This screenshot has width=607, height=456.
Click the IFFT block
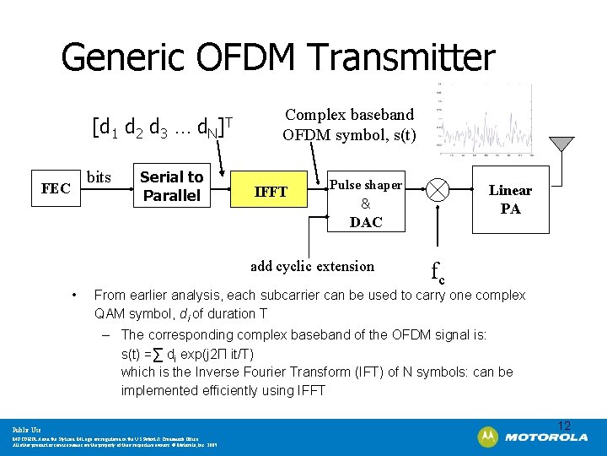click(x=271, y=193)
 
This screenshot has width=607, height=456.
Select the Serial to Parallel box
click(x=171, y=186)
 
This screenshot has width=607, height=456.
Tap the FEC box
click(x=56, y=188)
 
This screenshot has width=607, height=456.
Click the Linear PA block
click(x=510, y=199)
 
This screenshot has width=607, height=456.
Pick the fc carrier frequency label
click(x=438, y=273)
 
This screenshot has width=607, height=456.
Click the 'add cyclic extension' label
click(x=312, y=266)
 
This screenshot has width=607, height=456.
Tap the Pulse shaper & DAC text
click(x=366, y=204)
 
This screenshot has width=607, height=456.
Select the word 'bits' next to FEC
click(x=99, y=176)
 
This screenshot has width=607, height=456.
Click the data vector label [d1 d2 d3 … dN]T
click(x=161, y=128)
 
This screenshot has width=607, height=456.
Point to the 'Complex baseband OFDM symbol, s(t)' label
click(x=349, y=124)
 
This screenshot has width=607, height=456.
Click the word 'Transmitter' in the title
click(x=400, y=57)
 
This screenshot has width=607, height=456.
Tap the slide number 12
click(x=564, y=425)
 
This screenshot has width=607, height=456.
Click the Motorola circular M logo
click(x=487, y=437)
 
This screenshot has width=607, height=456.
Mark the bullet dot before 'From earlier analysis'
click(x=75, y=296)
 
